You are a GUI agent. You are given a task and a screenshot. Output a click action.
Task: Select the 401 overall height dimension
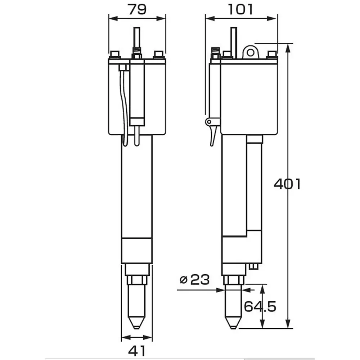[x=287, y=184]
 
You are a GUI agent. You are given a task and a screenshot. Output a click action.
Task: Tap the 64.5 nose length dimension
[x=260, y=306]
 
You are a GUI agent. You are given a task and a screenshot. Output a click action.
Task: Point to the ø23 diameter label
[x=194, y=279]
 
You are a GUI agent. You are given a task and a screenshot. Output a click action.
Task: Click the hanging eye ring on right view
[x=251, y=52]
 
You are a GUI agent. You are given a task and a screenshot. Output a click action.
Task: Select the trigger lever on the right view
[x=213, y=135]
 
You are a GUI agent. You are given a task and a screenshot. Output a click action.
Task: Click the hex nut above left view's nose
[x=137, y=280]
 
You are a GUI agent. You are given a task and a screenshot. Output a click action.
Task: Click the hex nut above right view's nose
[x=234, y=280]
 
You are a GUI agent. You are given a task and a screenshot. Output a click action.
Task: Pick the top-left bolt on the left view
[x=115, y=55]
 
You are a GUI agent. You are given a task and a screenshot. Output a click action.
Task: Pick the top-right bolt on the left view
[x=158, y=55]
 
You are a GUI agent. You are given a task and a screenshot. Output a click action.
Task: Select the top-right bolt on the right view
[x=272, y=55]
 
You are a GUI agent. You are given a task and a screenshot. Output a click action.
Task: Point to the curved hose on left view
[x=124, y=108]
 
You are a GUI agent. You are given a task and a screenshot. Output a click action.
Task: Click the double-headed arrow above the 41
[x=137, y=337]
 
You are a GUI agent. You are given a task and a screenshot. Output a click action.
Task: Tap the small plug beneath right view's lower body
[x=253, y=266]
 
